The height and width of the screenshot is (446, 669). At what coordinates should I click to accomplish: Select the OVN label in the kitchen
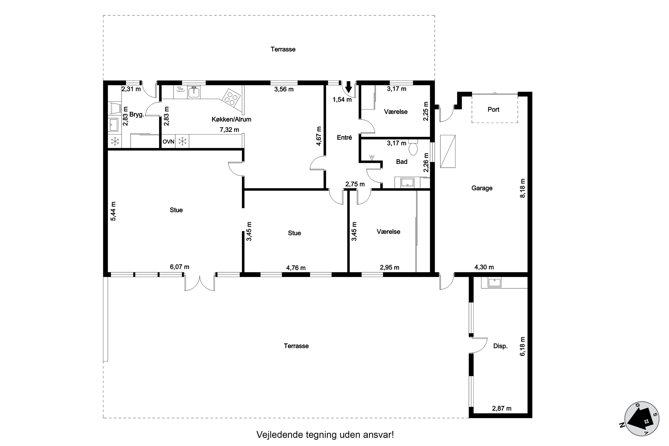tap(168, 141)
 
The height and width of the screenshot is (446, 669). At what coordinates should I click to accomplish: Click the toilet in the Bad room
tap(413, 147)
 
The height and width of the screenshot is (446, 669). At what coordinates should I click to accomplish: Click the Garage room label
tap(482, 188)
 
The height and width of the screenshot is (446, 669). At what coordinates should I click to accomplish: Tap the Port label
tap(493, 109)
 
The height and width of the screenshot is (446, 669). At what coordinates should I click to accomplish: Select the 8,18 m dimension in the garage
tap(522, 188)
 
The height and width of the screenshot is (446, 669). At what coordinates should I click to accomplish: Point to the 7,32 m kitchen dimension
tap(229, 130)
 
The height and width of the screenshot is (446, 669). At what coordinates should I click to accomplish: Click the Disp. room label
tap(500, 346)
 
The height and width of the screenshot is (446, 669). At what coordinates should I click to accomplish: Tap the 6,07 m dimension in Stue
tap(180, 267)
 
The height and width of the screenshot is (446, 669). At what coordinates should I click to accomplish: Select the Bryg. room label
tap(137, 115)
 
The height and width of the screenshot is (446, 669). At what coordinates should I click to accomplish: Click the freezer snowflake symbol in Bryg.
tap(115, 141)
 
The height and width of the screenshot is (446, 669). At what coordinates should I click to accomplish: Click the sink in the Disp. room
tap(495, 283)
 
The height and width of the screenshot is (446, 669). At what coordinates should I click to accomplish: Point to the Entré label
tap(345, 138)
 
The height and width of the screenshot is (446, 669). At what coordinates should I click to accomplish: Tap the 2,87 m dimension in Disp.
tap(502, 409)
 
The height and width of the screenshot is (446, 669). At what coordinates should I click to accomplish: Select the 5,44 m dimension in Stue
tap(113, 211)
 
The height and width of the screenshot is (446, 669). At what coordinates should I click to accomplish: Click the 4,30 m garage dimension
tap(484, 267)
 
